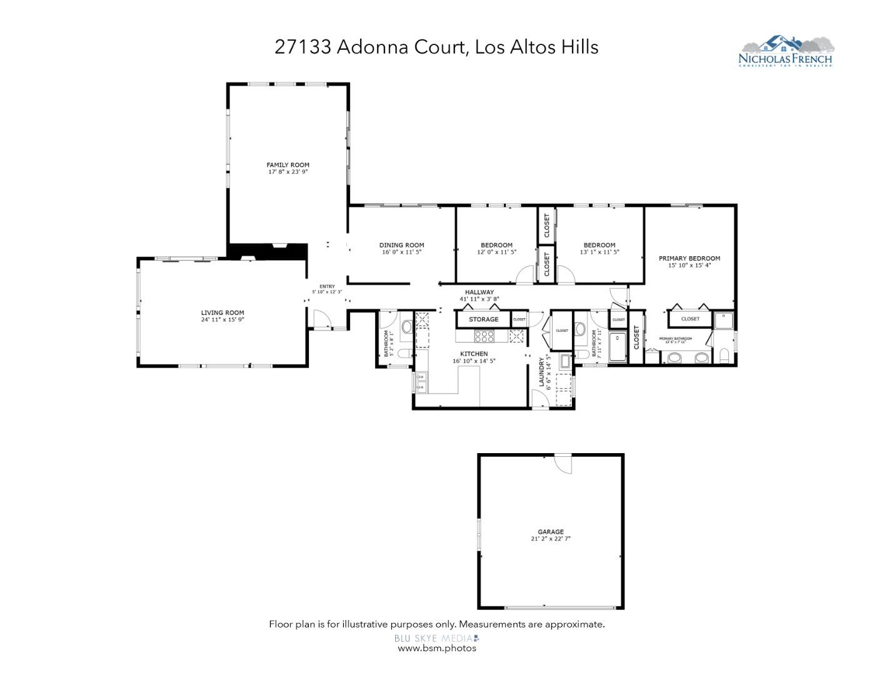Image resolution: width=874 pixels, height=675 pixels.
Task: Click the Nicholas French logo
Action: click(786, 51)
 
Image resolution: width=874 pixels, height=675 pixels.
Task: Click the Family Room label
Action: click(288, 165)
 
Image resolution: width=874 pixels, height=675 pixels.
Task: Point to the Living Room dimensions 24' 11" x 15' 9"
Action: click(222, 319)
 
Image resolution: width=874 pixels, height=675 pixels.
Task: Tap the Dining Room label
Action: click(401, 245)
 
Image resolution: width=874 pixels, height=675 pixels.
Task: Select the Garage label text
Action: click(550, 532)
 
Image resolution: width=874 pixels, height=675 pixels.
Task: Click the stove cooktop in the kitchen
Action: click(484, 337)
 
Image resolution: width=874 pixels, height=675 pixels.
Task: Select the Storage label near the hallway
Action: click(483, 319)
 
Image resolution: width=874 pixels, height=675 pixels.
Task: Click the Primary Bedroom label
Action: click(689, 258)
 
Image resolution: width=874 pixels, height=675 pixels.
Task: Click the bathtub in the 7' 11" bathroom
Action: click(618, 347)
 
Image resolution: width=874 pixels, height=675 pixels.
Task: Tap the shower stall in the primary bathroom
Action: click(724, 319)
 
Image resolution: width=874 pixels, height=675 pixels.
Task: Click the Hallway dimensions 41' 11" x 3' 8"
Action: click(479, 299)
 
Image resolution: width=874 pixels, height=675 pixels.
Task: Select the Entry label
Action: click(327, 286)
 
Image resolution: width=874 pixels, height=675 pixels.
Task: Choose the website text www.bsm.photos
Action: click(436, 648)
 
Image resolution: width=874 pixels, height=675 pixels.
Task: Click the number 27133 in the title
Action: click(303, 47)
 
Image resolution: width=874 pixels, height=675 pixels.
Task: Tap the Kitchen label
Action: click(473, 354)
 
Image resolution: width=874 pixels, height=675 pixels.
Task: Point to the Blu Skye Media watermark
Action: click(436, 638)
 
